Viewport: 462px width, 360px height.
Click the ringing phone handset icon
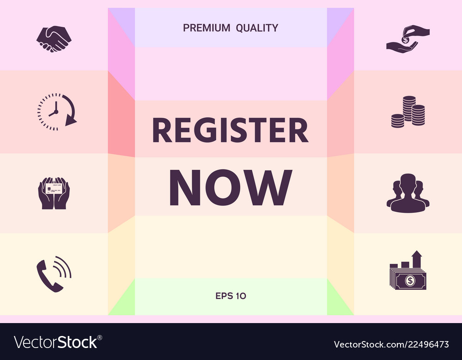pos(54,273)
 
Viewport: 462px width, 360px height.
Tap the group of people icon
pos(407,192)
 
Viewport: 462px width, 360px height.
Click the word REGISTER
pos(230,131)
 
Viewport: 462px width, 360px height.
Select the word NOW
pos(231,187)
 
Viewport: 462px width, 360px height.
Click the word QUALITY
pos(257,28)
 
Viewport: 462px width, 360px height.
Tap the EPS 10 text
pos(231,296)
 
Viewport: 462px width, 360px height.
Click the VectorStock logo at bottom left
pos(56,342)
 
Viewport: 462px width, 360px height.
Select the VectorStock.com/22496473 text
pos(391,344)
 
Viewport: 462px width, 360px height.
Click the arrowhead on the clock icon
pos(70,121)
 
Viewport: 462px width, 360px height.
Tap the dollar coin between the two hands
pos(405,40)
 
